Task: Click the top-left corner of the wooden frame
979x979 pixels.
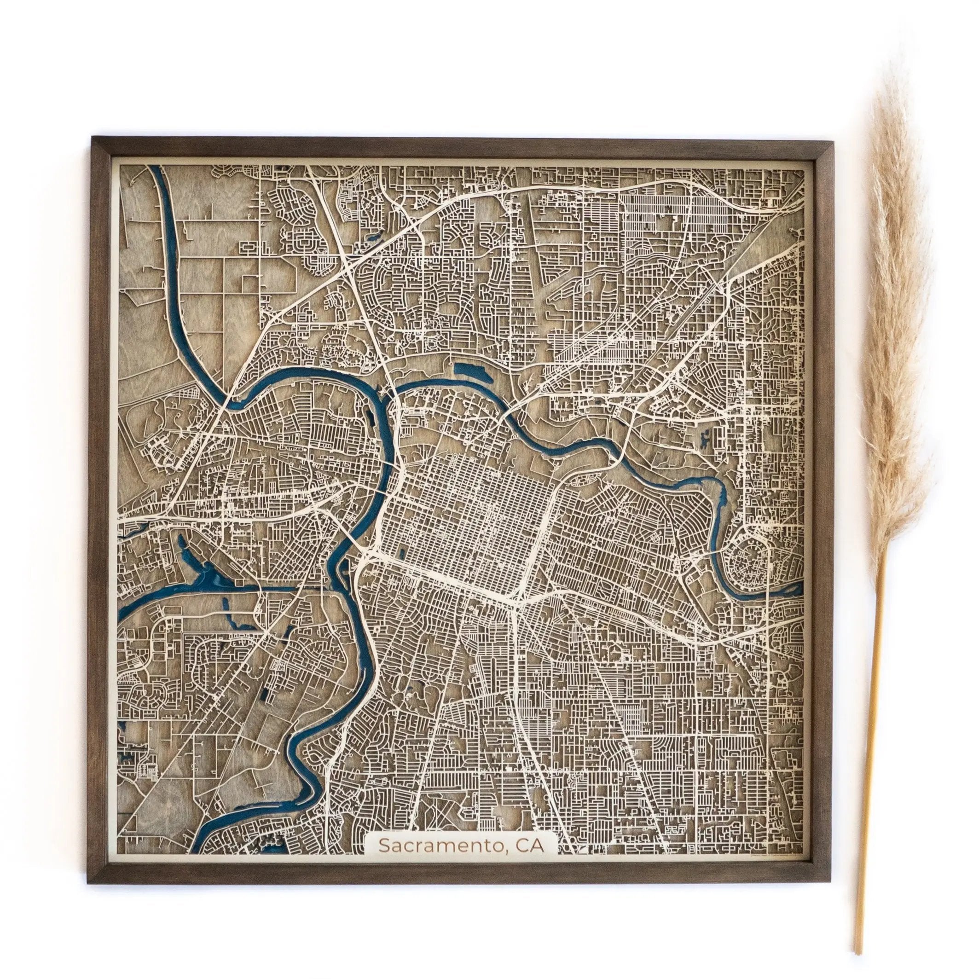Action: (x=92, y=137)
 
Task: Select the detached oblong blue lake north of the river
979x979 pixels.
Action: (x=471, y=372)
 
